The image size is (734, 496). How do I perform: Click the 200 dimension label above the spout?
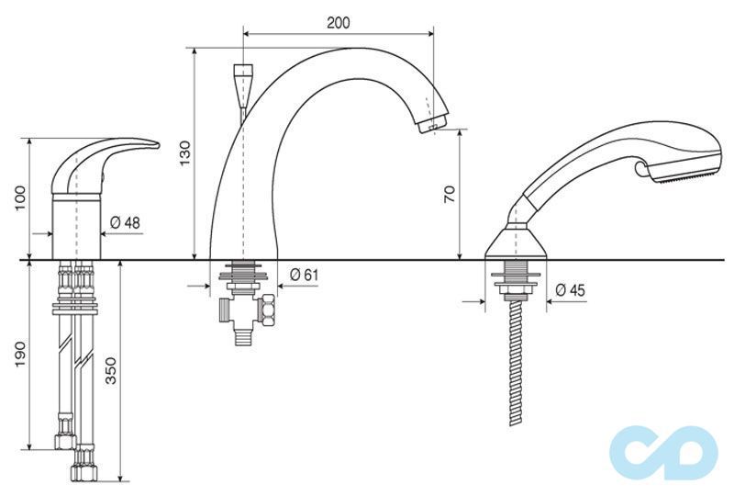click(338, 22)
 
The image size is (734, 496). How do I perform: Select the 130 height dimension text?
click(185, 152)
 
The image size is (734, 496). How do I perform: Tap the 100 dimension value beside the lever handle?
click(21, 198)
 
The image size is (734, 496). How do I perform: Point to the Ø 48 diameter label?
click(125, 222)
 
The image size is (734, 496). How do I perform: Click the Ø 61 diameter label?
click(304, 275)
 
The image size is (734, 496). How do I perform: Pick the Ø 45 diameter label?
click(570, 290)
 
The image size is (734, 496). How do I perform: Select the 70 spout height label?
click(449, 194)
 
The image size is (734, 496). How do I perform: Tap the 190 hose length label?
click(21, 355)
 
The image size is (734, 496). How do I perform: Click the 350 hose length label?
click(110, 370)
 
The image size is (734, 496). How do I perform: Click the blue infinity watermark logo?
click(663, 454)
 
